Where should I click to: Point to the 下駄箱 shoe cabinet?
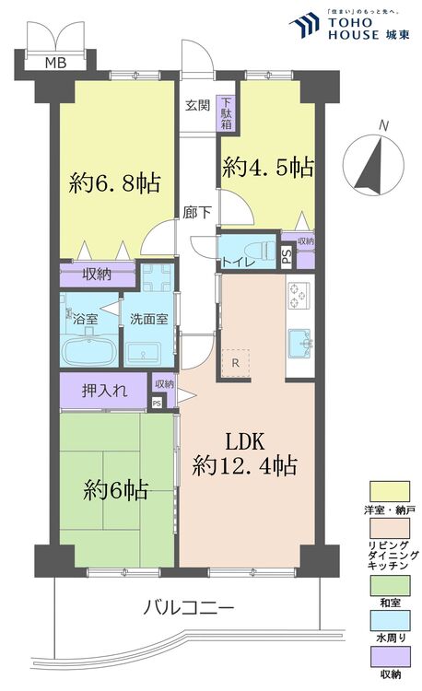click(226, 111)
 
